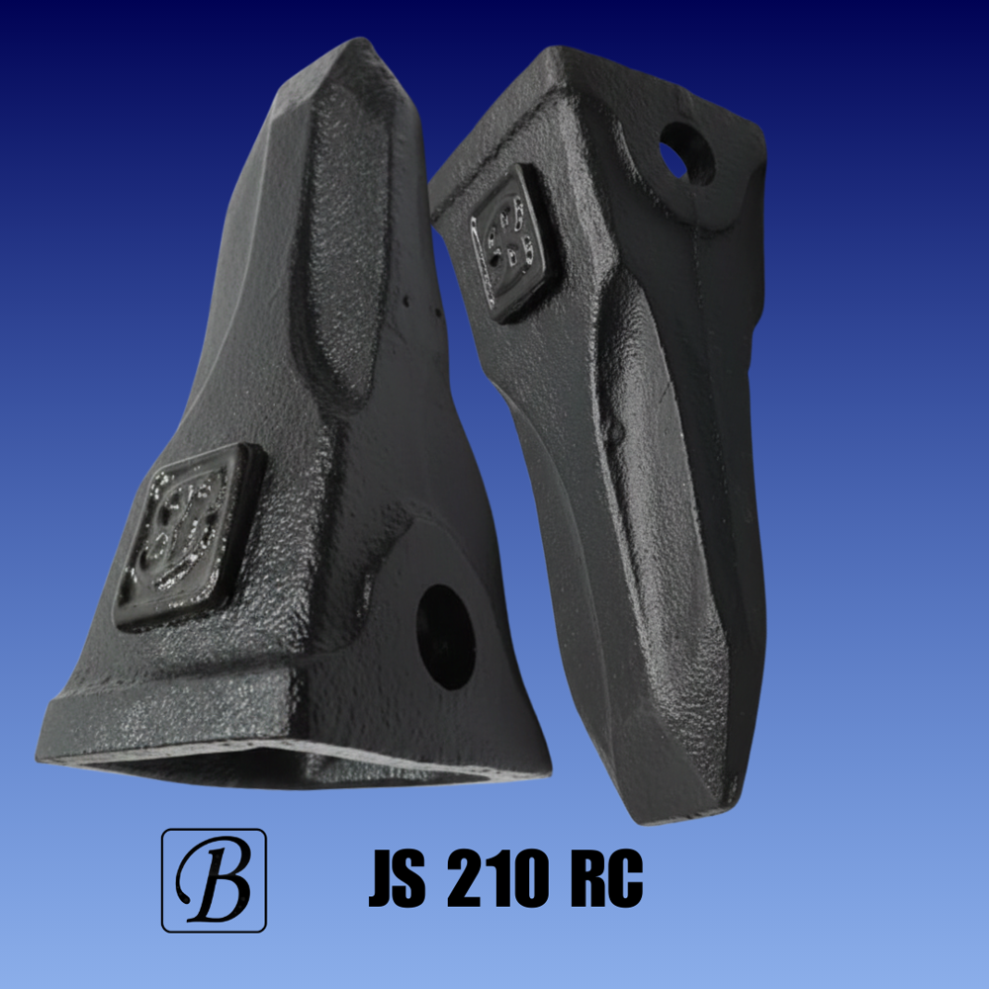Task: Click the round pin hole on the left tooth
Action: tap(446, 636)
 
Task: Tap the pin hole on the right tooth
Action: tap(686, 152)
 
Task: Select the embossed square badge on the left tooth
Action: tap(188, 535)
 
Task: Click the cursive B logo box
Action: tap(214, 880)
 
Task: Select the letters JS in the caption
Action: tap(397, 879)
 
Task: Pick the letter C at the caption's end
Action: tap(625, 879)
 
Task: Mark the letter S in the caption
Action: tap(411, 879)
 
